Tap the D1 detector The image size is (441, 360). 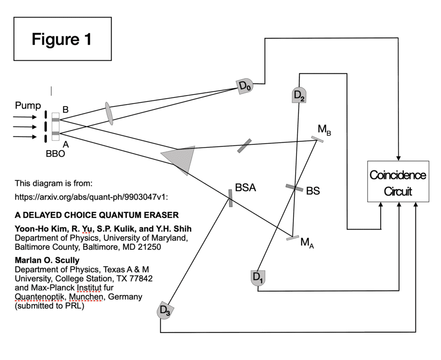point(258,277)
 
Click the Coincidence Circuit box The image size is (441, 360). point(398,181)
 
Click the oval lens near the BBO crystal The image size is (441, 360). point(109,113)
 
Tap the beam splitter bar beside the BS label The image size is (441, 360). point(294,188)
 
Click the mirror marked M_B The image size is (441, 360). point(317,139)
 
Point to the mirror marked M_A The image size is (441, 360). point(292,238)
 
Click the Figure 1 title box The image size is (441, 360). point(62,39)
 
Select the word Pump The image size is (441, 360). point(28,106)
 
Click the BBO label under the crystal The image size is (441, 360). point(55,153)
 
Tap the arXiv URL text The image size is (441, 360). point(92,197)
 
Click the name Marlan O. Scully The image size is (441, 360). point(47,261)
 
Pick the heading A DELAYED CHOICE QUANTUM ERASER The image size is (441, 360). point(97,215)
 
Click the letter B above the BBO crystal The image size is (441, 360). point(65,109)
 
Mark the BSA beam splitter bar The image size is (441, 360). point(230,198)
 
